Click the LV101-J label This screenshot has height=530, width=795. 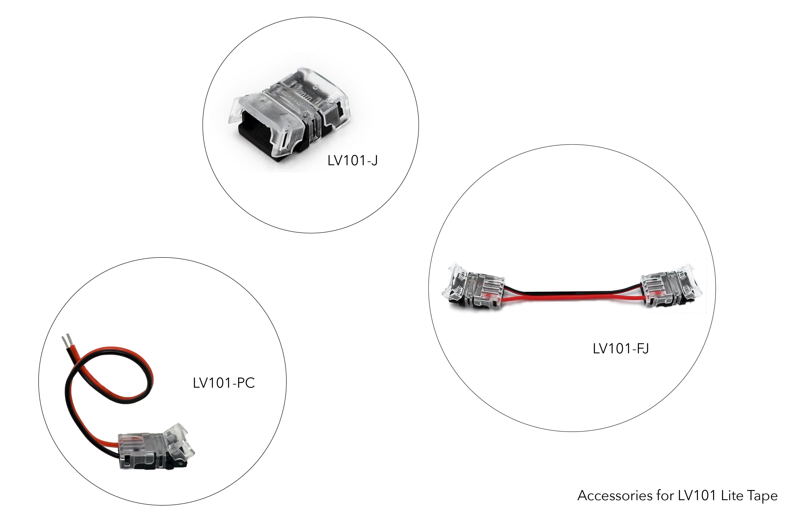tap(352, 161)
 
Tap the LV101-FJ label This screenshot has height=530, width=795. tap(620, 348)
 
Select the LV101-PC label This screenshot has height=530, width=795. tap(224, 383)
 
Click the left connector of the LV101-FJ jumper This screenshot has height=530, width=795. tap(475, 287)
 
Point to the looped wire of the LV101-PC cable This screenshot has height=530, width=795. tap(108, 378)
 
